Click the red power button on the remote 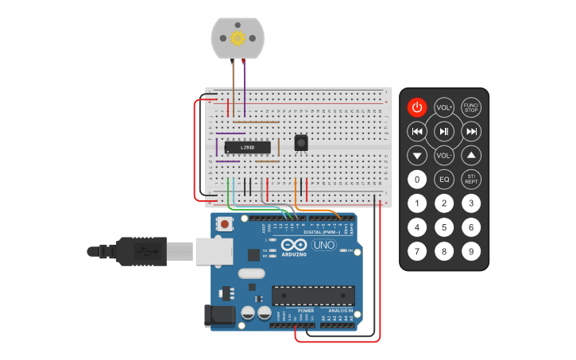click(417, 106)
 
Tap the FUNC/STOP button click(471, 106)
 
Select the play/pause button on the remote click(444, 131)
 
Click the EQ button click(444, 180)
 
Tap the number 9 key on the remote click(471, 253)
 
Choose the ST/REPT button click(471, 180)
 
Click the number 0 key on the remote click(417, 180)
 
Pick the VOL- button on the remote click(444, 156)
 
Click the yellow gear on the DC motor click(237, 37)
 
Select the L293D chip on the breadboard click(248, 147)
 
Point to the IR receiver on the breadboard click(301, 142)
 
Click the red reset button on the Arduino click(226, 224)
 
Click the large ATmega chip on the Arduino click(313, 296)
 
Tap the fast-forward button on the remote click(471, 131)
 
